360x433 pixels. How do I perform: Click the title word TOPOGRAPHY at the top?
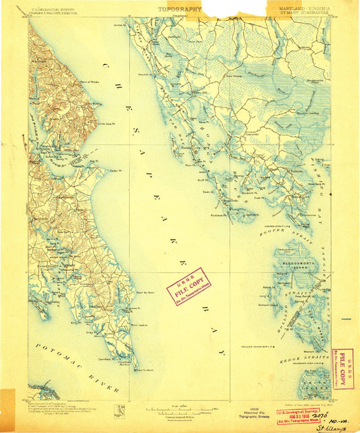click(180, 9)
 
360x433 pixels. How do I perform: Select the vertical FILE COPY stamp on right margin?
click(342, 369)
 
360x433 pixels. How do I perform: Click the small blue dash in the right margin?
click(346, 318)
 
